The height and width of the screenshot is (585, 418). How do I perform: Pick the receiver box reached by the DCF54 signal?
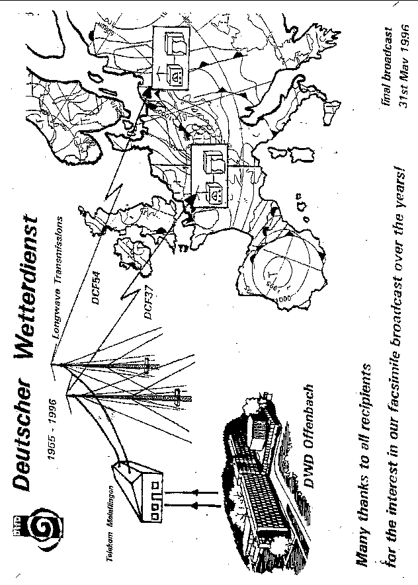(169, 56)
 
